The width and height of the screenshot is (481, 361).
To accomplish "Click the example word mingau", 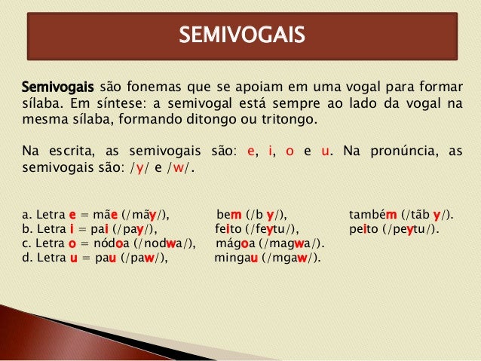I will (x=236, y=259).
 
